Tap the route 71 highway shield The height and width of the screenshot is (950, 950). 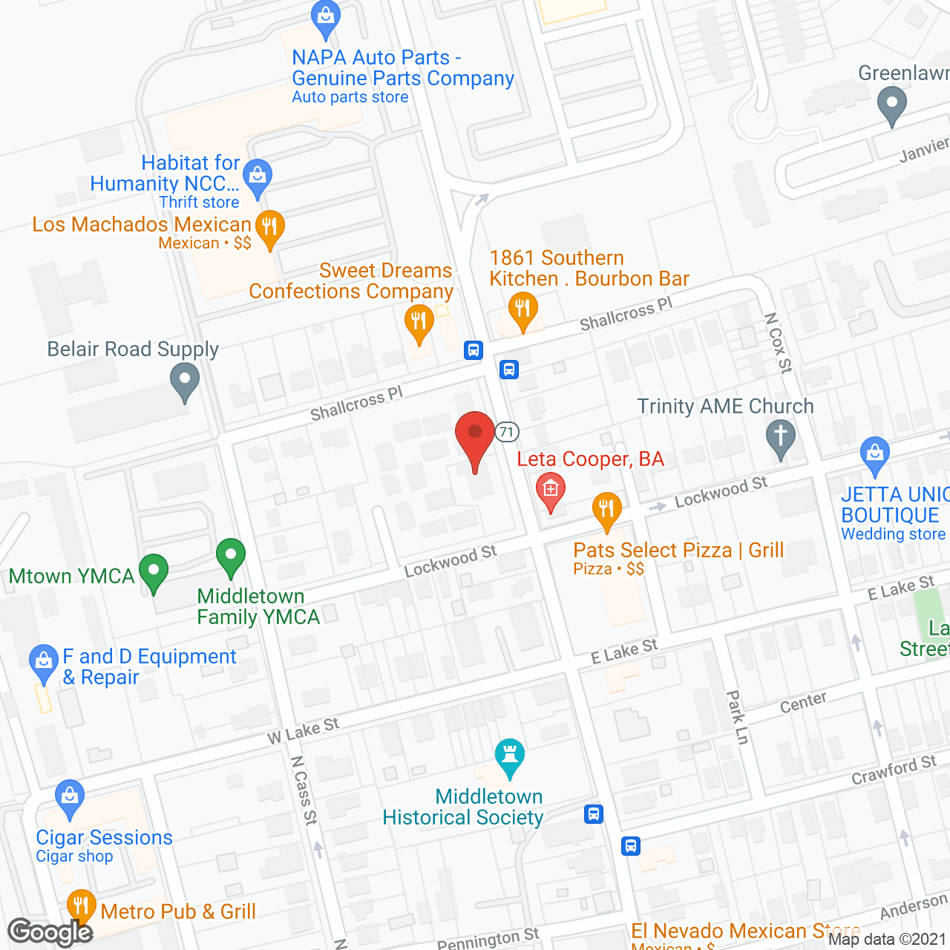(x=507, y=432)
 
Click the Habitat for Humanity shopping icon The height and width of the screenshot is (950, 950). (x=258, y=177)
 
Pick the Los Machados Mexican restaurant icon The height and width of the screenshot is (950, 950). (x=269, y=227)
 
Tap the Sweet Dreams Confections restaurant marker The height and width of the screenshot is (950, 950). (x=419, y=323)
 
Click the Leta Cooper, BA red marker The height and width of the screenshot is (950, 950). (x=550, y=490)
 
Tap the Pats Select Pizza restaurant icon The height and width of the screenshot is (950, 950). (x=607, y=510)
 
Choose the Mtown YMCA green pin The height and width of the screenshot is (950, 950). (x=154, y=572)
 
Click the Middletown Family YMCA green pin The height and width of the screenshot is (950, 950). (x=231, y=556)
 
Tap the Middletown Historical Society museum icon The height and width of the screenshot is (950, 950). (x=510, y=756)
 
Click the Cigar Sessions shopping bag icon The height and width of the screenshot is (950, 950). (x=70, y=797)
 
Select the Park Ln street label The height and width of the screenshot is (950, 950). (x=737, y=717)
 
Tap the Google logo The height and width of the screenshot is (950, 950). (x=50, y=932)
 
